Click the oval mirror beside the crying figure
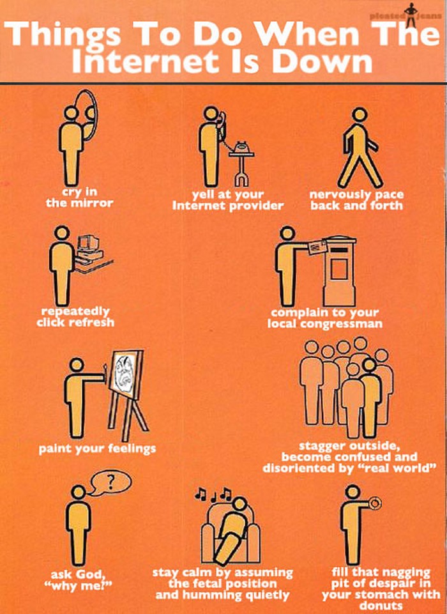coord(95,114)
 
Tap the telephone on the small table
coord(241,147)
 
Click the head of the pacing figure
coord(359,115)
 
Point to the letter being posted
coord(317,247)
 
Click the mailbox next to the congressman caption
coord(339,271)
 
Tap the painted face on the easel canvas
coord(125,373)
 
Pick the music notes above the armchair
coord(214,494)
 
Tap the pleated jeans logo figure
coord(411,15)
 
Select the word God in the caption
coord(90,574)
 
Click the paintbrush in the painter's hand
coord(105,371)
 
